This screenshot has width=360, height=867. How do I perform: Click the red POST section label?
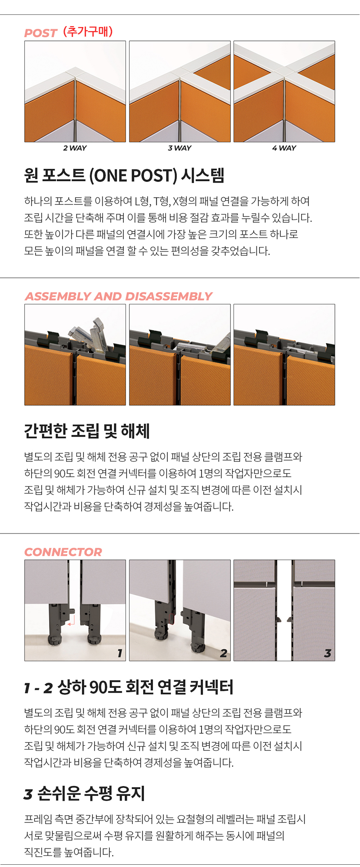[x=40, y=33]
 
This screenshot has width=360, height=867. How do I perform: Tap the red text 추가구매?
[x=88, y=32]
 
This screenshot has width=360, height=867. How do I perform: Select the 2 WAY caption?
[x=75, y=148]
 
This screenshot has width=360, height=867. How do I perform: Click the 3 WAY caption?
[x=180, y=148]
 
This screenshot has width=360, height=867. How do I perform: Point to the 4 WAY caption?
[x=284, y=148]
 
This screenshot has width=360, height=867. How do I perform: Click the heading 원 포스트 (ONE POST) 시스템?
[x=124, y=175]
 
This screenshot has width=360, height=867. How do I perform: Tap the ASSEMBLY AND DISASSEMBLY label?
[x=118, y=296]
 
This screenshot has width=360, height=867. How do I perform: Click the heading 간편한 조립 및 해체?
[x=87, y=431]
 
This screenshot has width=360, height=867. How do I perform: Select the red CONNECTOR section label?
[x=63, y=552]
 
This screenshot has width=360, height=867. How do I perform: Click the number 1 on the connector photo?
[x=120, y=653]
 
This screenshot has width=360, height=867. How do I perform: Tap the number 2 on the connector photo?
[x=224, y=653]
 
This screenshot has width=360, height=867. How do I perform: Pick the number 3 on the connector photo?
[x=328, y=653]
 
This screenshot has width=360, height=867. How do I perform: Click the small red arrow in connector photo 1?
[x=71, y=622]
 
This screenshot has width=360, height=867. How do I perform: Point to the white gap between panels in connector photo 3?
[x=284, y=610]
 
